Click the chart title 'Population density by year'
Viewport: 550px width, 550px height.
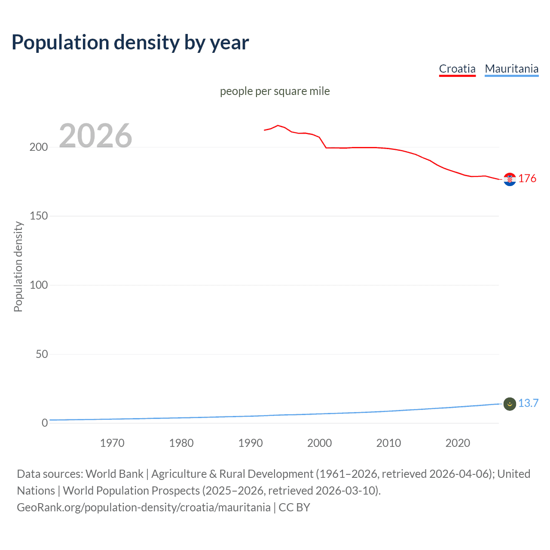[130, 43]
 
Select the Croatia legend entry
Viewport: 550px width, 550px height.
[457, 69]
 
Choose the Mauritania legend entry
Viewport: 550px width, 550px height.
[511, 69]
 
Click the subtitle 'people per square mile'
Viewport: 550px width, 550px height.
[275, 91]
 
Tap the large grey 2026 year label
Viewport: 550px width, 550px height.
[95, 136]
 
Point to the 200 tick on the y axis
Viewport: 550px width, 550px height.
[39, 147]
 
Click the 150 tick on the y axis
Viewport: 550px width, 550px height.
[39, 216]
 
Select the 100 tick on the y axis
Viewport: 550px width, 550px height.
[39, 285]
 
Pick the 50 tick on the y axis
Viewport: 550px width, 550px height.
[42, 354]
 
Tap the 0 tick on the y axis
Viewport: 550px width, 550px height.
[45, 423]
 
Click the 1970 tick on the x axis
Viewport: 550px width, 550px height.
[112, 443]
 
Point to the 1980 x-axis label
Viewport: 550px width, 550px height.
[181, 443]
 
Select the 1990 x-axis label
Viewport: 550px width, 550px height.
[251, 443]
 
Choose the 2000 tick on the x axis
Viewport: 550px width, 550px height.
[319, 443]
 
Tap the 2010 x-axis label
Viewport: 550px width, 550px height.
[388, 443]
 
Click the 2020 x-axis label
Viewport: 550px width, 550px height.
[458, 443]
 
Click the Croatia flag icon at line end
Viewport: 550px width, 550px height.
[510, 179]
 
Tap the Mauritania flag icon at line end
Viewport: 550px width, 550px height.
[510, 404]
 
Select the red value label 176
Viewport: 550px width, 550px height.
[527, 178]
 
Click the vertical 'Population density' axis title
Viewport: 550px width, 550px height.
[18, 266]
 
